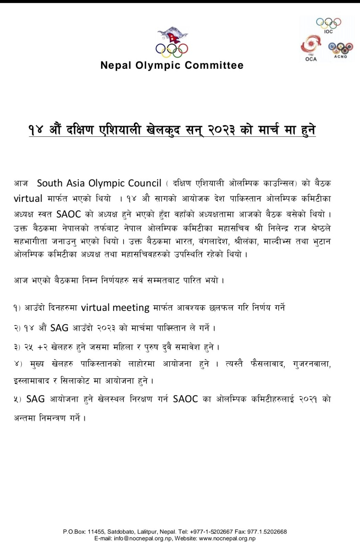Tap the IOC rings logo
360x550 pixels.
tap(328, 24)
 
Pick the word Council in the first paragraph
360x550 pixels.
tap(145, 183)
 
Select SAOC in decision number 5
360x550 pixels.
tap(185, 399)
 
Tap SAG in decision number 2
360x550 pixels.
tap(59, 328)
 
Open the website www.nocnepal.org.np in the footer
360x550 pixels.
tap(227, 539)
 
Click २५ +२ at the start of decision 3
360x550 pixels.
tap(36, 347)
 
